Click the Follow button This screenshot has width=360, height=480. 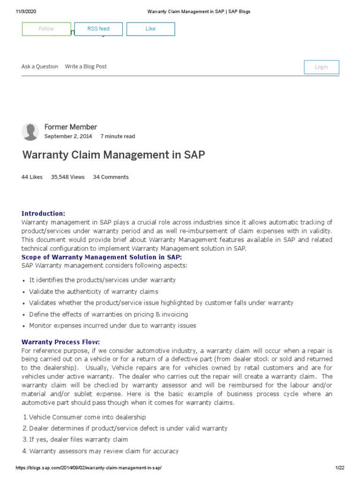point(46,29)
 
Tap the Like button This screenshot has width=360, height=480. point(150,29)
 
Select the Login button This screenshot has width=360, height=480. point(321,67)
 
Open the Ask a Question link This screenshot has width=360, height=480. point(40,67)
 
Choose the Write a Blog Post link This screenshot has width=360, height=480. point(86,67)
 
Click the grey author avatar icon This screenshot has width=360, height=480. point(30,132)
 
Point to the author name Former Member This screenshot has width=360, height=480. point(70,127)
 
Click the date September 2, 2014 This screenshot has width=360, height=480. point(68,136)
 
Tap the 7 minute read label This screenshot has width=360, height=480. point(118,136)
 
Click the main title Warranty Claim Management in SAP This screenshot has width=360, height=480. point(113,155)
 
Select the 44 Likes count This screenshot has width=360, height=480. point(32,177)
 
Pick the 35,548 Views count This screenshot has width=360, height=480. point(67,177)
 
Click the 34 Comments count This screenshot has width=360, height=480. point(111,177)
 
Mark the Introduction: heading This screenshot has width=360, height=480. point(44,214)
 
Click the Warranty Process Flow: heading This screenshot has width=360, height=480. point(60,342)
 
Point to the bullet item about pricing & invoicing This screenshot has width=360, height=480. point(108,315)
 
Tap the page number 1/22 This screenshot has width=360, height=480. point(340,468)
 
